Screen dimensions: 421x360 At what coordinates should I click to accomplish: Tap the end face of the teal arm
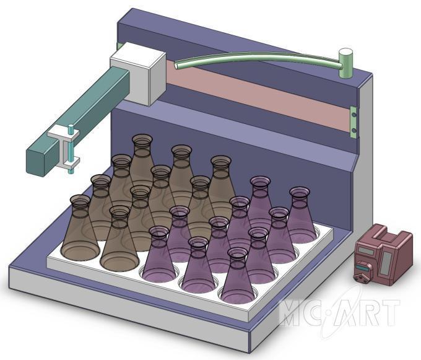pos(35,162)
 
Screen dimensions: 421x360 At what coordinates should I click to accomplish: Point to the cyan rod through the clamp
pos(71,149)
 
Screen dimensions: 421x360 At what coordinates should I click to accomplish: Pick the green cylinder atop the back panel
pos(345,63)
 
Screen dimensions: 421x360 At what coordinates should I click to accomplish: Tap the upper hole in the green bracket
pos(354,115)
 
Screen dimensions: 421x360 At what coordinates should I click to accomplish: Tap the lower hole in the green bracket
pos(354,131)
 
